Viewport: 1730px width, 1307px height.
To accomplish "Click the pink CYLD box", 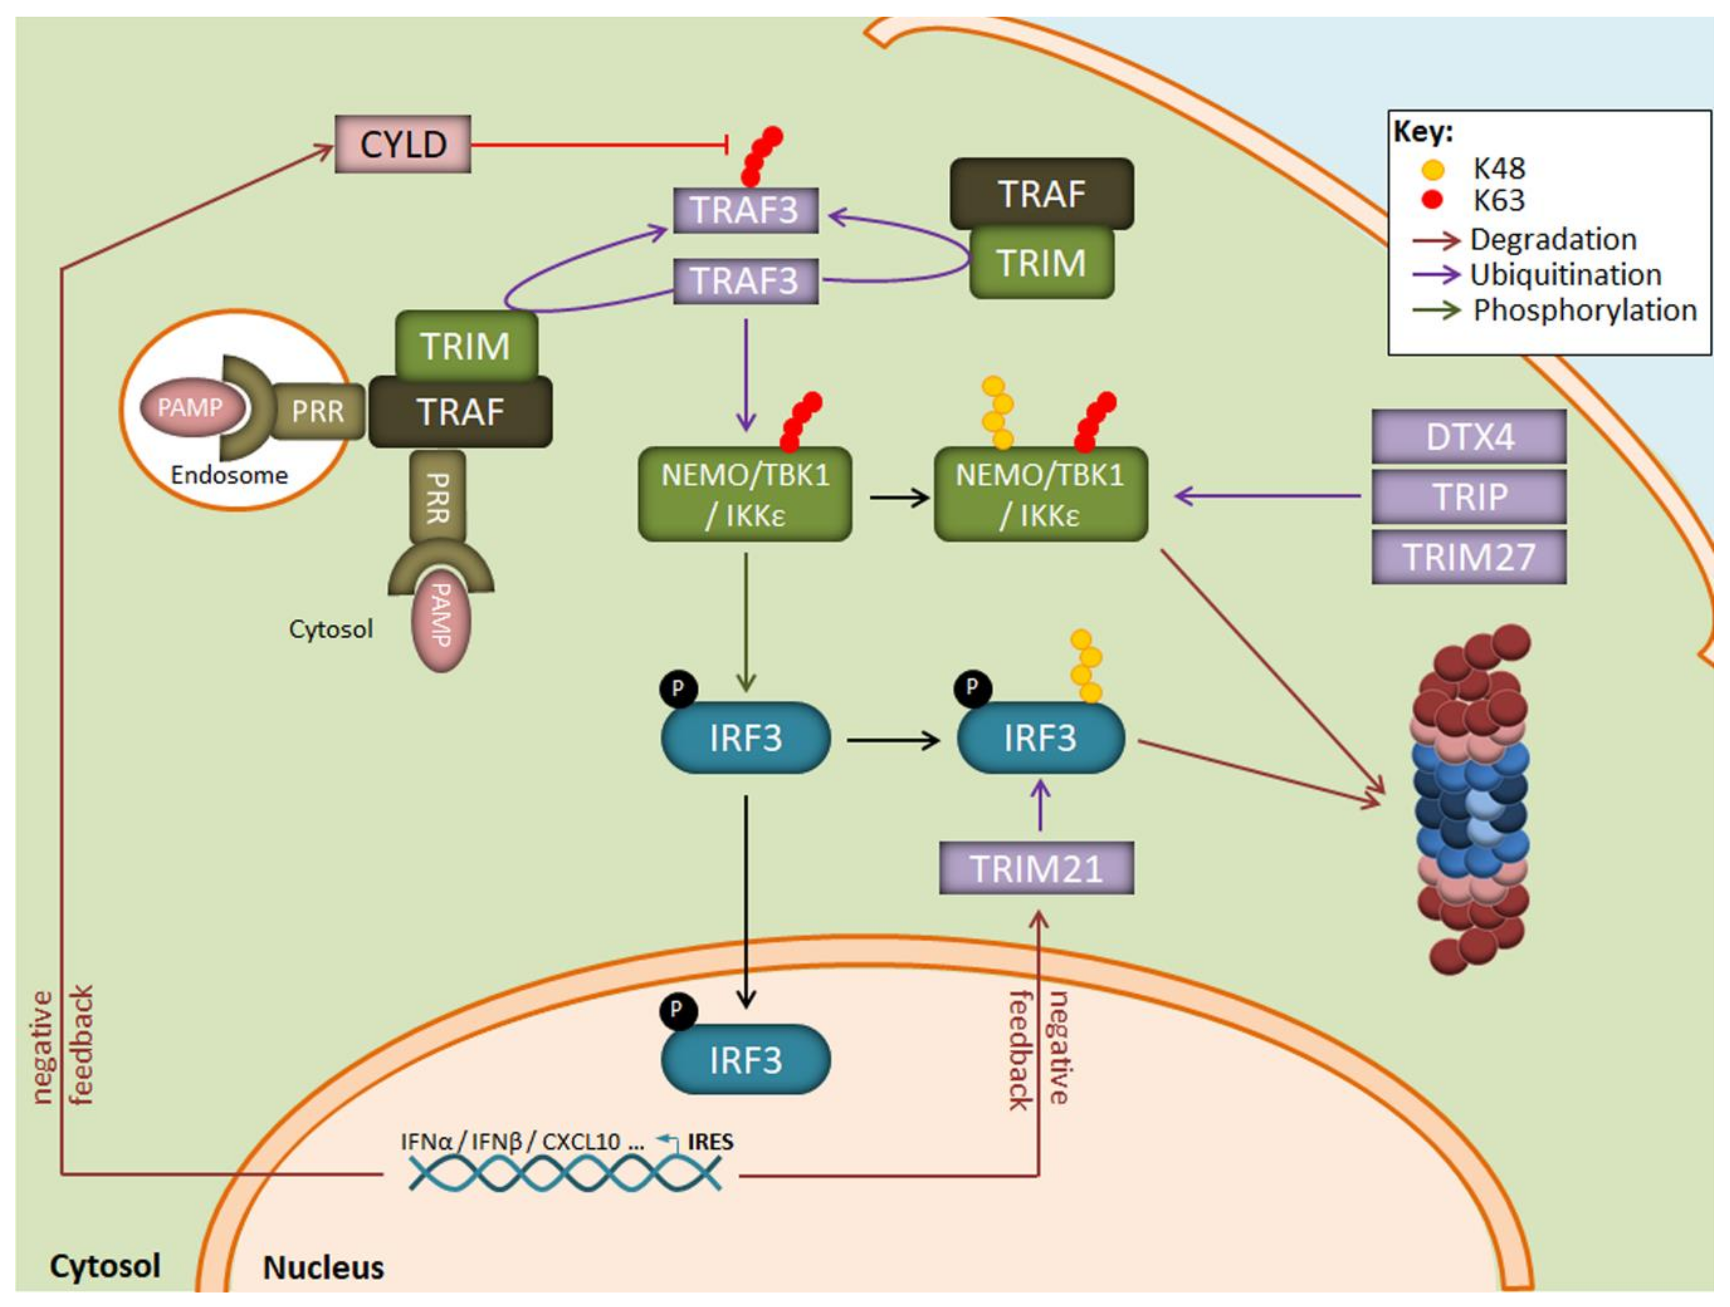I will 403,145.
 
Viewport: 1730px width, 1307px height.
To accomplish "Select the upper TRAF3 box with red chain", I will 745,210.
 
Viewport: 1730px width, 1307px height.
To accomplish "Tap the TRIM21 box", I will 1036,868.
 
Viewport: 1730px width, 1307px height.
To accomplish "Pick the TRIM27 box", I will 1469,557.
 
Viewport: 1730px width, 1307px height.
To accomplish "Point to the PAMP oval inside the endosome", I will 191,407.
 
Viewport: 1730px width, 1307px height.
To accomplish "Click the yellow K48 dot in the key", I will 1432,169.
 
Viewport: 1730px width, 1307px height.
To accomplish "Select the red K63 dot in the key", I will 1432,200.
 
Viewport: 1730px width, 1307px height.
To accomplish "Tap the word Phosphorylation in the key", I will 1585,310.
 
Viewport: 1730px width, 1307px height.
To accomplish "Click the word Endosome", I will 229,475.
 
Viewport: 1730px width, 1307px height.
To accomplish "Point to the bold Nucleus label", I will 323,1267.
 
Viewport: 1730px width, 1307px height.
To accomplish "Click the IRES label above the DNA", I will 710,1142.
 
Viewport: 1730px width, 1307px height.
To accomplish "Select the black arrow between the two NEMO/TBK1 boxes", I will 900,497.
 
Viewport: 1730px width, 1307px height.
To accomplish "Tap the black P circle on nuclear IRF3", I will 678,1011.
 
